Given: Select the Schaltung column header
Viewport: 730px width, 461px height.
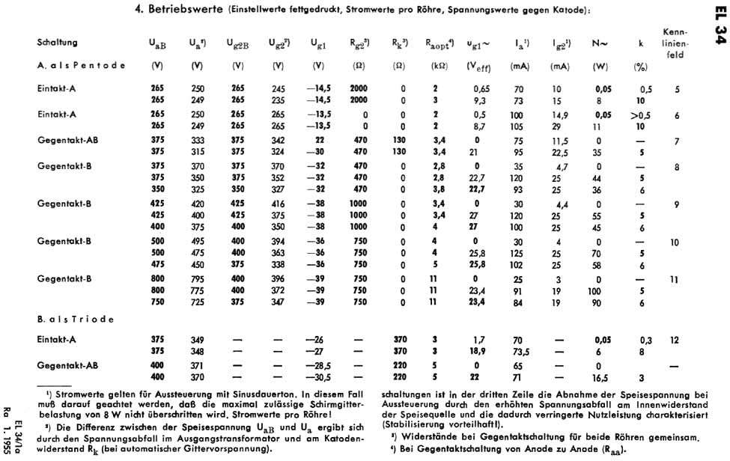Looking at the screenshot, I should (57, 43).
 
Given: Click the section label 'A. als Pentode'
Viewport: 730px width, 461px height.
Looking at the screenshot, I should (81, 66).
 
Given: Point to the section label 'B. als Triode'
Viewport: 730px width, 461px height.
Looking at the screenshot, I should (76, 320).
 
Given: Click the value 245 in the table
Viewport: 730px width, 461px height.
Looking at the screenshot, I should (279, 89).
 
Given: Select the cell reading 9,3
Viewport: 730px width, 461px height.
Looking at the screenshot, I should (479, 100).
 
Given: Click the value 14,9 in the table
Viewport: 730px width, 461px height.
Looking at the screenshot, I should (561, 116).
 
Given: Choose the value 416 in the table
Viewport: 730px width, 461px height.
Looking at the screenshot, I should (279, 204).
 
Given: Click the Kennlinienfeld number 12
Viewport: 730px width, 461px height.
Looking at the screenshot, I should (675, 340).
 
